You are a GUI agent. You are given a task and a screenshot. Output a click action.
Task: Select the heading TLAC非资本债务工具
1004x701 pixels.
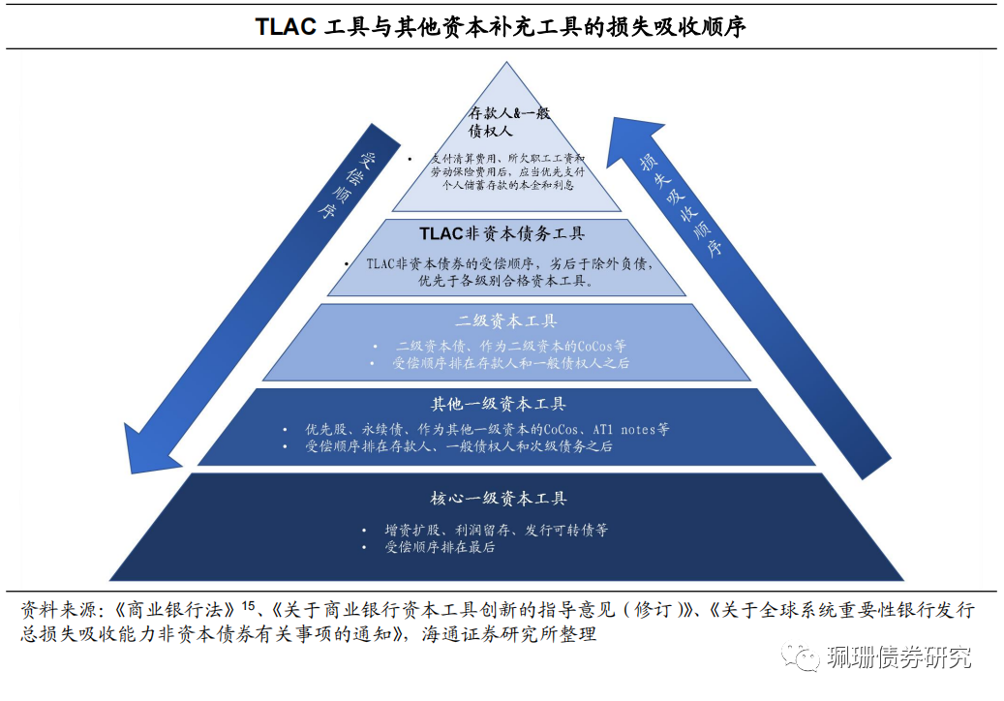502,234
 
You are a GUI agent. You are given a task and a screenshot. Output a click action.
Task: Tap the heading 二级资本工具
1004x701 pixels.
506,321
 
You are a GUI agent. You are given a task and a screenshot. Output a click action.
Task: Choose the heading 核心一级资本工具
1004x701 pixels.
499,499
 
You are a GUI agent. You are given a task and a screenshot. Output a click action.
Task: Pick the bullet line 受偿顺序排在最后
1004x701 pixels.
440,547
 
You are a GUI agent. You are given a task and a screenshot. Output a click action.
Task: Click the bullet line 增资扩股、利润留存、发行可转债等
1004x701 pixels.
496,531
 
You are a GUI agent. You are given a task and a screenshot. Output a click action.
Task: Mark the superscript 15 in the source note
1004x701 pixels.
249,606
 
